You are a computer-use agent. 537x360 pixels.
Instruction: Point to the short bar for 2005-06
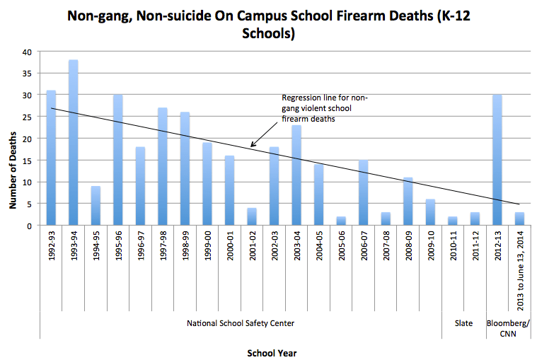tap(341, 221)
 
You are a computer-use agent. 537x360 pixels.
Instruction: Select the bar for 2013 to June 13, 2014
tap(519, 219)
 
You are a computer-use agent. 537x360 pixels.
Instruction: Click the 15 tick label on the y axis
tap(28, 161)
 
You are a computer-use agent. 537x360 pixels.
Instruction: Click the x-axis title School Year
tap(272, 352)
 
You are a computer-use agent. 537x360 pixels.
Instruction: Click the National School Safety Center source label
tap(241, 323)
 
